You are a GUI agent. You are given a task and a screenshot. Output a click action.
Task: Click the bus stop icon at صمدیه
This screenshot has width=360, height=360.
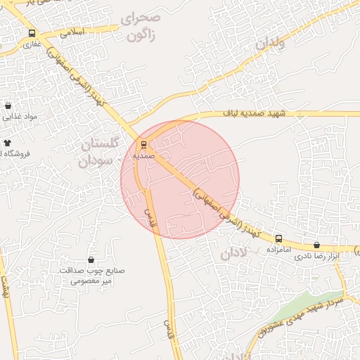(x=144, y=145)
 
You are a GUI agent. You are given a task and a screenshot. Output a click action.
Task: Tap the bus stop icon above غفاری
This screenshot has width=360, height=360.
(x=31, y=33)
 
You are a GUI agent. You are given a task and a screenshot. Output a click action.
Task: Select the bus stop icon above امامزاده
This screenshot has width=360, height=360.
(x=279, y=238)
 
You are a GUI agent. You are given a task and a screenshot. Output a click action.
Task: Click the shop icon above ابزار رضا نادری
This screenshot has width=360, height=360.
(x=316, y=245)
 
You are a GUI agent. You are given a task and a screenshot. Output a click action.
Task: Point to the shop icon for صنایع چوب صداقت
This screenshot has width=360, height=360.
(x=91, y=260)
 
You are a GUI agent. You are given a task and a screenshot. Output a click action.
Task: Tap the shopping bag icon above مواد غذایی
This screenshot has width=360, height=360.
(x=8, y=106)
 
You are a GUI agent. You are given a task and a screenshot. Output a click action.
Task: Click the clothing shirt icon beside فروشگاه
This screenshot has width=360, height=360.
(x=8, y=143)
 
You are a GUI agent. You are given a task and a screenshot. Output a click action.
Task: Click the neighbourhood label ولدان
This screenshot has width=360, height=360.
(x=270, y=44)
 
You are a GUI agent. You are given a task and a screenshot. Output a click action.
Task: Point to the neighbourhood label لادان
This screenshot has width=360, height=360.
(x=235, y=253)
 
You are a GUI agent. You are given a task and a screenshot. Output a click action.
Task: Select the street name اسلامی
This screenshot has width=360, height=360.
(x=72, y=32)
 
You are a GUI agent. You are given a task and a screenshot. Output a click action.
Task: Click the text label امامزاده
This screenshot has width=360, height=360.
(x=278, y=250)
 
